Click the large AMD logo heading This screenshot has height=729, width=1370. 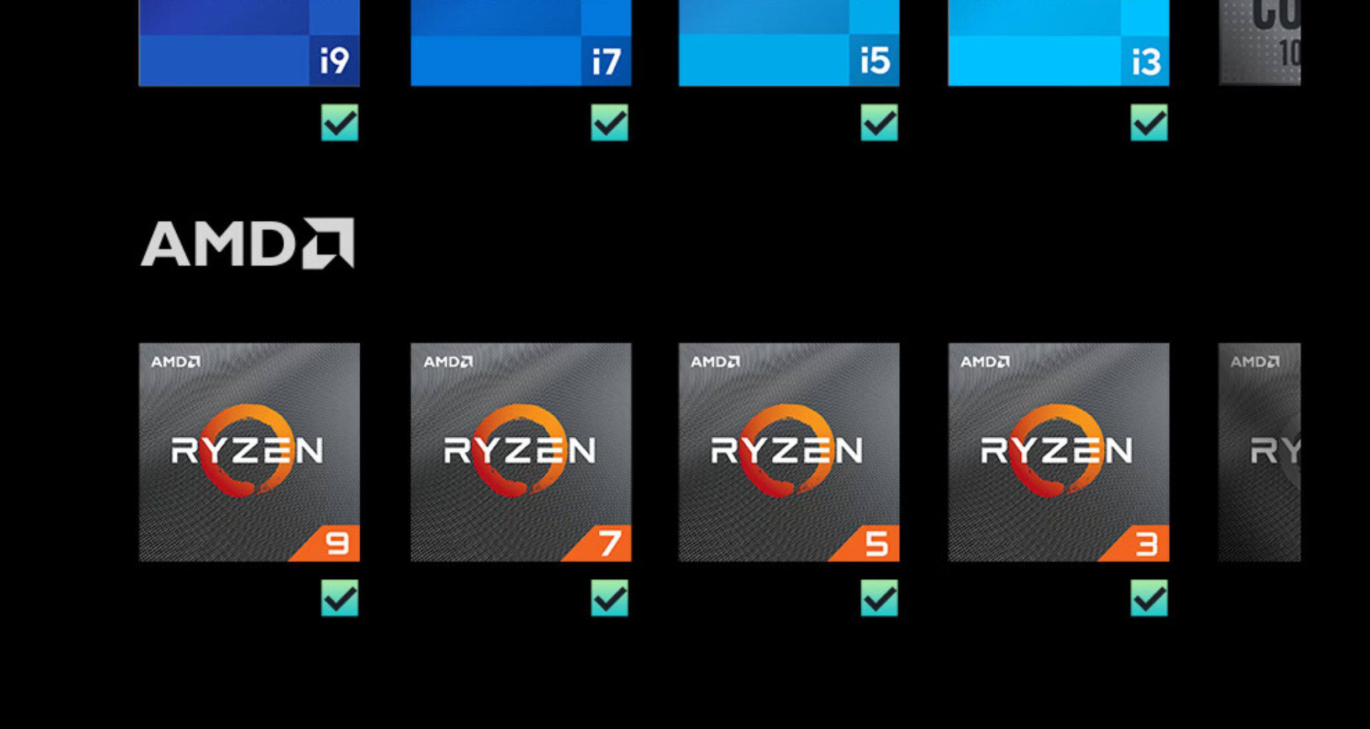[247, 244]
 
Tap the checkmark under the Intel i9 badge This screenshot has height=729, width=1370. [340, 123]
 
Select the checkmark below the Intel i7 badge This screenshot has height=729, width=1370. [609, 123]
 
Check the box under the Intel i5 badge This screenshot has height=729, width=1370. [879, 123]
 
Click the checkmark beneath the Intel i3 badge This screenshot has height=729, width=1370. [1149, 123]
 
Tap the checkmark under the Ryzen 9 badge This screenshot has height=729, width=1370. [340, 598]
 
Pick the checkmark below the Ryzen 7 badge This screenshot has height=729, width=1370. [609, 598]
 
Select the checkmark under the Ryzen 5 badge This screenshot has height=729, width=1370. [879, 598]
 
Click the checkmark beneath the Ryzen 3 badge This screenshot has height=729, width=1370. [1149, 598]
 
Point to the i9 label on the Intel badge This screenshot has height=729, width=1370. [334, 60]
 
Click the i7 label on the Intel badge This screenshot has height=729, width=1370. [606, 61]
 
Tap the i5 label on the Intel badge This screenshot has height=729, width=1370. [875, 60]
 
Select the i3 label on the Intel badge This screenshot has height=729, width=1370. [1146, 61]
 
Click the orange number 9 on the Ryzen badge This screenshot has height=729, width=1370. [338, 544]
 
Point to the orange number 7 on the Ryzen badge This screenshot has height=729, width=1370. [609, 544]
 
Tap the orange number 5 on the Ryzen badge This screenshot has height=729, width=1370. [877, 544]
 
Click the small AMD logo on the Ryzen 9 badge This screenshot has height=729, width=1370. [176, 362]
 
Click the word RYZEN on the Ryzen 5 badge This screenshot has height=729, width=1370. [786, 451]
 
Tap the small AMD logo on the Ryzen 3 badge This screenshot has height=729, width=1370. [985, 362]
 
